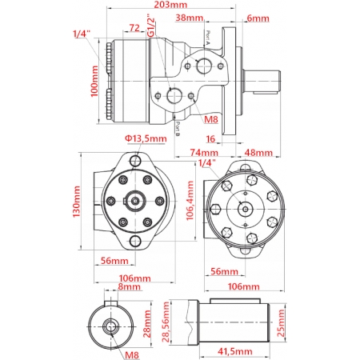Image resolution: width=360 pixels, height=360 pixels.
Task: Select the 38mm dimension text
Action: click(189, 17)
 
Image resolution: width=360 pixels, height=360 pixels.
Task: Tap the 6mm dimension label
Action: click(258, 17)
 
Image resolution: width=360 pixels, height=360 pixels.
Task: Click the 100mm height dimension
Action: click(95, 81)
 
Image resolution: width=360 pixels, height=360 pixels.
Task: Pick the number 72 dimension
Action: click(134, 28)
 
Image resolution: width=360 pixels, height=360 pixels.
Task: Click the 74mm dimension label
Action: click(204, 153)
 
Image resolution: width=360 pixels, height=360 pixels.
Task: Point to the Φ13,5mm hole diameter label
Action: click(145, 138)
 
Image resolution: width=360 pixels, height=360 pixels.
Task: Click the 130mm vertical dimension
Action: click(77, 202)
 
